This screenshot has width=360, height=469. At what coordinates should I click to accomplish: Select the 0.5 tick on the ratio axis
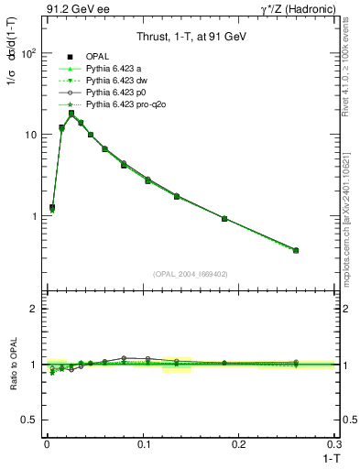(x=31, y=420)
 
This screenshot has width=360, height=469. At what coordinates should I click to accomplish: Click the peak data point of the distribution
(x=71, y=114)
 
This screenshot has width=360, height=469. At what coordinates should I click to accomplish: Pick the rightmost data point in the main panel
(x=296, y=250)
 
